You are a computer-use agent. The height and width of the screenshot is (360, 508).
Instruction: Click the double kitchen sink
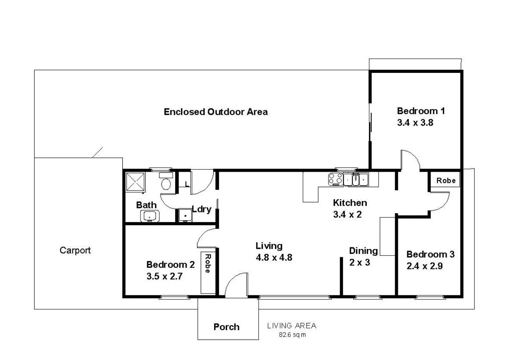click(357, 180)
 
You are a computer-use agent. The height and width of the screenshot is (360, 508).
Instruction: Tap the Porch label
click(226, 327)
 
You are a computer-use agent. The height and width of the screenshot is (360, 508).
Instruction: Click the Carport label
click(75, 251)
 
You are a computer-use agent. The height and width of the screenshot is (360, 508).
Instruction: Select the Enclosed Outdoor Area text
click(216, 112)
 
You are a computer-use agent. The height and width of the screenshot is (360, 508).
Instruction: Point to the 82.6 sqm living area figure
click(292, 335)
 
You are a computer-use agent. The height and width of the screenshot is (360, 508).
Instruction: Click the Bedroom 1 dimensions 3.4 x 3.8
click(415, 122)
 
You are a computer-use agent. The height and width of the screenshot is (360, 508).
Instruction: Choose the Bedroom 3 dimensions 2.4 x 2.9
click(425, 266)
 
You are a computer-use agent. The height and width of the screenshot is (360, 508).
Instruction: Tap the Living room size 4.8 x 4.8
click(273, 258)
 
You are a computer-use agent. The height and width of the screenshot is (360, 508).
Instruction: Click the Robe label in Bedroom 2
click(207, 263)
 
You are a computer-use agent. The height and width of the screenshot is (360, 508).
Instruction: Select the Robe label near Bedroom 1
click(446, 180)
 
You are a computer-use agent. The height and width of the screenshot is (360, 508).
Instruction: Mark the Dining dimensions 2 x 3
click(360, 262)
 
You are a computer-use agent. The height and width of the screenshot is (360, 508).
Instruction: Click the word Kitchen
click(350, 203)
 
